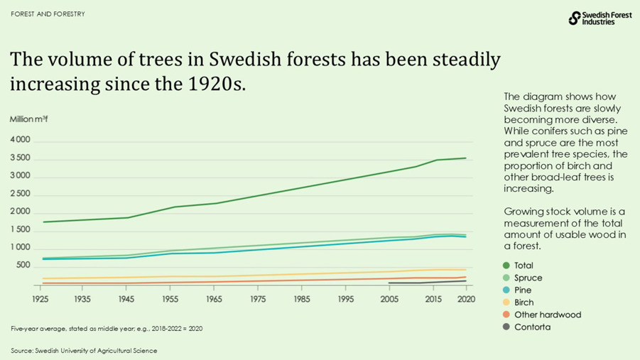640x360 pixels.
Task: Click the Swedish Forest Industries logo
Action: click(600, 18)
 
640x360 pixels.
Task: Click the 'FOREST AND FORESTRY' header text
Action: click(48, 14)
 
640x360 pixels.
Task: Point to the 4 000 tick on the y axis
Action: click(20, 140)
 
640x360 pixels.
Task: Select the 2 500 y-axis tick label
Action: click(20, 194)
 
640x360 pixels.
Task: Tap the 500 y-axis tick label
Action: click(23, 266)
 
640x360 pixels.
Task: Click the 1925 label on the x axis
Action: click(40, 299)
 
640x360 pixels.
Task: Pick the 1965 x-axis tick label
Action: click(215, 299)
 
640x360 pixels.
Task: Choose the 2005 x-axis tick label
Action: click(390, 299)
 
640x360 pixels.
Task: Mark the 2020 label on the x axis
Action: click(465, 299)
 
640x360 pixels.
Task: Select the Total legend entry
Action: click(523, 266)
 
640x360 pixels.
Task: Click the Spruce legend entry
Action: click(527, 278)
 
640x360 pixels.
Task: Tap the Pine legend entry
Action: click(522, 290)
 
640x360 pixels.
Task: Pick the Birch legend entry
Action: click(524, 302)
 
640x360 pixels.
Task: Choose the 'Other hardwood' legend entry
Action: click(547, 315)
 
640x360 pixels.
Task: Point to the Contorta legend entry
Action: click(532, 327)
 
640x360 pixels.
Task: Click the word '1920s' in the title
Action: click(214, 84)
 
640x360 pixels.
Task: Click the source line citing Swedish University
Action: click(84, 351)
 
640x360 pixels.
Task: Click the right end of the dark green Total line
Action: click(465, 158)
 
